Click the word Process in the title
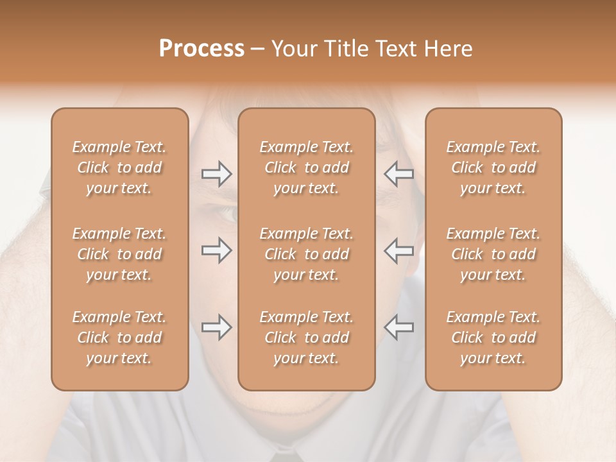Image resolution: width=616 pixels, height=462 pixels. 201,49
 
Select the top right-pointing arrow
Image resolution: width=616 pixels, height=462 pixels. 216,174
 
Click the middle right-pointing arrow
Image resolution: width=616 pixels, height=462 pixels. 216,250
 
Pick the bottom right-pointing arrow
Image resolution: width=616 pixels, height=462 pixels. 216,327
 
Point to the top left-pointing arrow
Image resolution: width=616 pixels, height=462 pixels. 398,174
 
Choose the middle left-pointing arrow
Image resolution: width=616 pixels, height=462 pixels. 398,250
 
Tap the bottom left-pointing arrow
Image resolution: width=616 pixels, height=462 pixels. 398,327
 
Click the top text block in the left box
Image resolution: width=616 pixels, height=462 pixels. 119,167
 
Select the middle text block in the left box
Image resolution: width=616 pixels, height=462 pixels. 119,254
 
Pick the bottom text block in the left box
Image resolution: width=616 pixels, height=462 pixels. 119,338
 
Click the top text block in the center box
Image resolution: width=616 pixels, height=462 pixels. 307,167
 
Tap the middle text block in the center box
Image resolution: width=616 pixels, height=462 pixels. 307,254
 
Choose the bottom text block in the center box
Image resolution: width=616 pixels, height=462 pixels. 307,338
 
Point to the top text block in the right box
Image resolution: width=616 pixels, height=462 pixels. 493,167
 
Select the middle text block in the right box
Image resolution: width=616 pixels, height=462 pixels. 493,254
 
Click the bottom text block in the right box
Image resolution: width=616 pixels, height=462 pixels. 493,338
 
